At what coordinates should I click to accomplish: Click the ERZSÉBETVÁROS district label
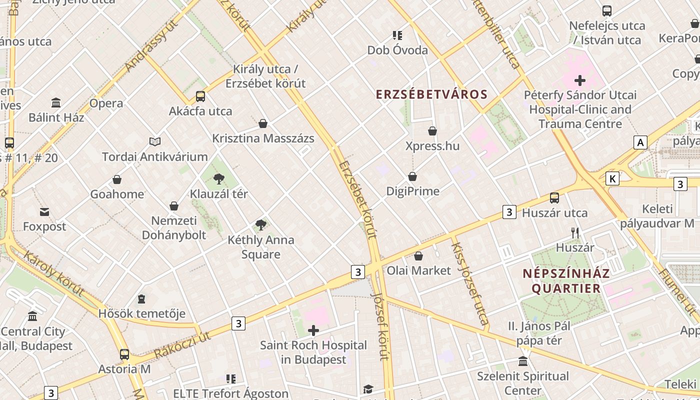pyautogui.click(x=431, y=94)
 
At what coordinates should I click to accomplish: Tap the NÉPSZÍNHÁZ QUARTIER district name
pyautogui.click(x=566, y=281)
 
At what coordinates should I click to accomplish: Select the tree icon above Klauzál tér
pyautogui.click(x=218, y=178)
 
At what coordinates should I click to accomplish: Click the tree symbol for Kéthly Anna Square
pyautogui.click(x=260, y=225)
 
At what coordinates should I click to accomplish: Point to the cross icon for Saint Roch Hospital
pyautogui.click(x=313, y=330)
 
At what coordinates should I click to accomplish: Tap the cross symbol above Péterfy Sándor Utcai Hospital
pyautogui.click(x=580, y=80)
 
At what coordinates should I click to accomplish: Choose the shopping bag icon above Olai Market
pyautogui.click(x=418, y=256)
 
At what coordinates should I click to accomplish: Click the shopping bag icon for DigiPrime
pyautogui.click(x=412, y=176)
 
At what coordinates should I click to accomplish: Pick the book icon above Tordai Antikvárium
pyautogui.click(x=154, y=142)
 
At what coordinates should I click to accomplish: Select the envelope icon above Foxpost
pyautogui.click(x=44, y=212)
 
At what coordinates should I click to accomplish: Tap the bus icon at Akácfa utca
pyautogui.click(x=200, y=96)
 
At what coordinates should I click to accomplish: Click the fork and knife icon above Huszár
pyautogui.click(x=575, y=232)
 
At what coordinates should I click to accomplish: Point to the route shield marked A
pyautogui.click(x=640, y=142)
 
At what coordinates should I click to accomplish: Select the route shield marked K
pyautogui.click(x=612, y=178)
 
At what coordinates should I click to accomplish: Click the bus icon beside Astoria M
pyautogui.click(x=124, y=354)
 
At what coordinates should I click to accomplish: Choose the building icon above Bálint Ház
pyautogui.click(x=56, y=103)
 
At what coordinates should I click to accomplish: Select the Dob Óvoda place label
pyautogui.click(x=397, y=50)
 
